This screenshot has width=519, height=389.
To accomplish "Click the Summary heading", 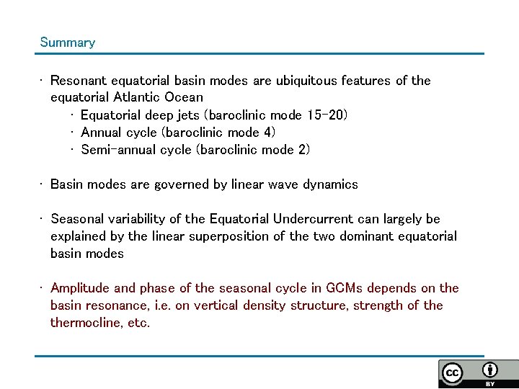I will coord(67,43).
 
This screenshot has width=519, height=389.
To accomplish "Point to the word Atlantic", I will coord(137,97).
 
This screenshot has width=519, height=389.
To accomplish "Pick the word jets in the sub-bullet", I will coord(189,115).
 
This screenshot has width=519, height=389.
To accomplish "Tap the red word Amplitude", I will coord(81,288).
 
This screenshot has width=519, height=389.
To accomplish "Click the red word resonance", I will coord(115,305).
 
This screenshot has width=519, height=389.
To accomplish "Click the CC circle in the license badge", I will coord(453,373).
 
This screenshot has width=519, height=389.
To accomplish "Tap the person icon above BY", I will coord(490,370).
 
